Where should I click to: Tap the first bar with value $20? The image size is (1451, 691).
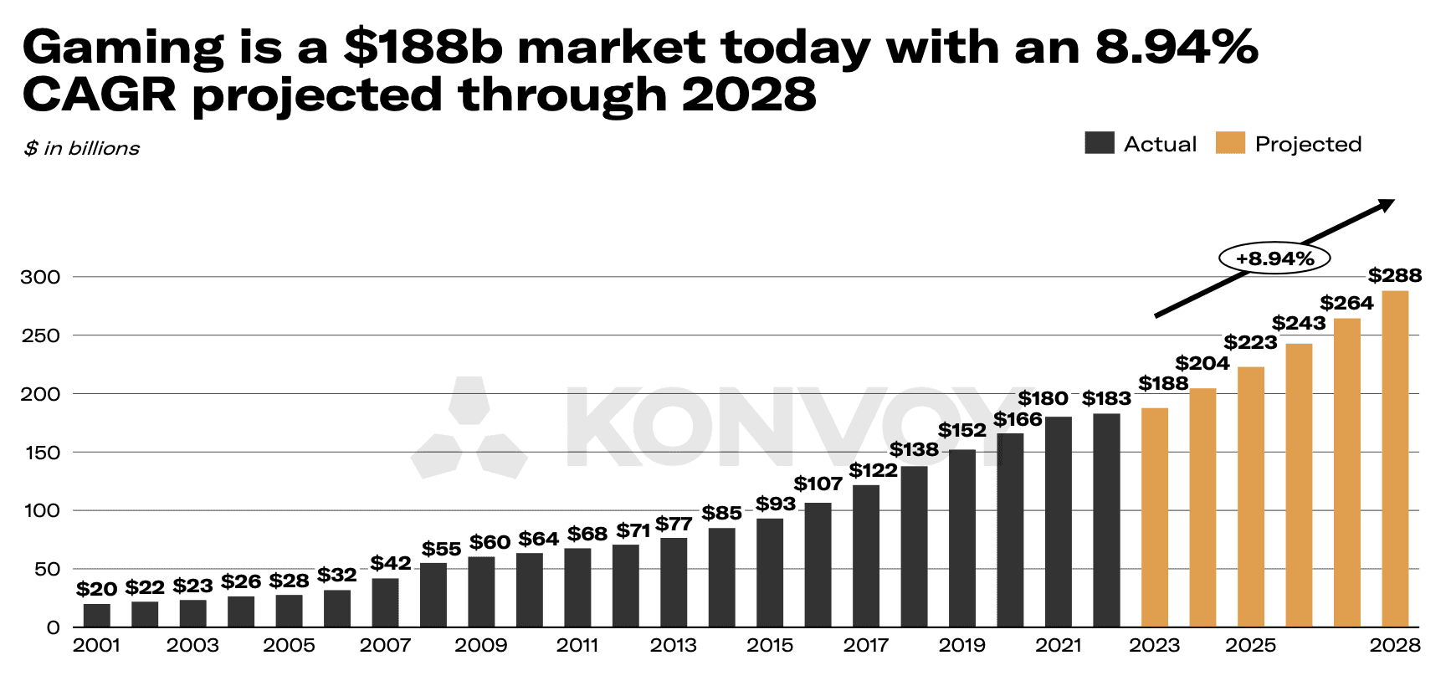click(97, 615)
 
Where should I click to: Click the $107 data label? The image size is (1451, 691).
click(818, 484)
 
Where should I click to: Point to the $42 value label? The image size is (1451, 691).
click(391, 563)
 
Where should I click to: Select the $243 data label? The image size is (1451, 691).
click(1299, 323)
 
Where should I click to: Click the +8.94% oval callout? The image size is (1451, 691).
click(1274, 258)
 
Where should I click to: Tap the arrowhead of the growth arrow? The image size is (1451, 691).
click(1387, 204)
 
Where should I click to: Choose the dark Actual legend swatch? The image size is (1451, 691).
click(1099, 143)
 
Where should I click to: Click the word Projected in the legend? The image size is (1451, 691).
click(1308, 144)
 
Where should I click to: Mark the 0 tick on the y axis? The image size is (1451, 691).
click(54, 627)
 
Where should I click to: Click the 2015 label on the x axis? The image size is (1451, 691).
click(770, 646)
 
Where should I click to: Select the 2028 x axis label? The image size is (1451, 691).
click(1395, 646)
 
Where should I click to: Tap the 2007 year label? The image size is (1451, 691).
click(385, 646)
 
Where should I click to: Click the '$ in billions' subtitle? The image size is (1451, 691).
click(82, 149)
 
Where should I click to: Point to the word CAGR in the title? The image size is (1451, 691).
click(99, 94)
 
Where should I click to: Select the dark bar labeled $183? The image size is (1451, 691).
click(1106, 520)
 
